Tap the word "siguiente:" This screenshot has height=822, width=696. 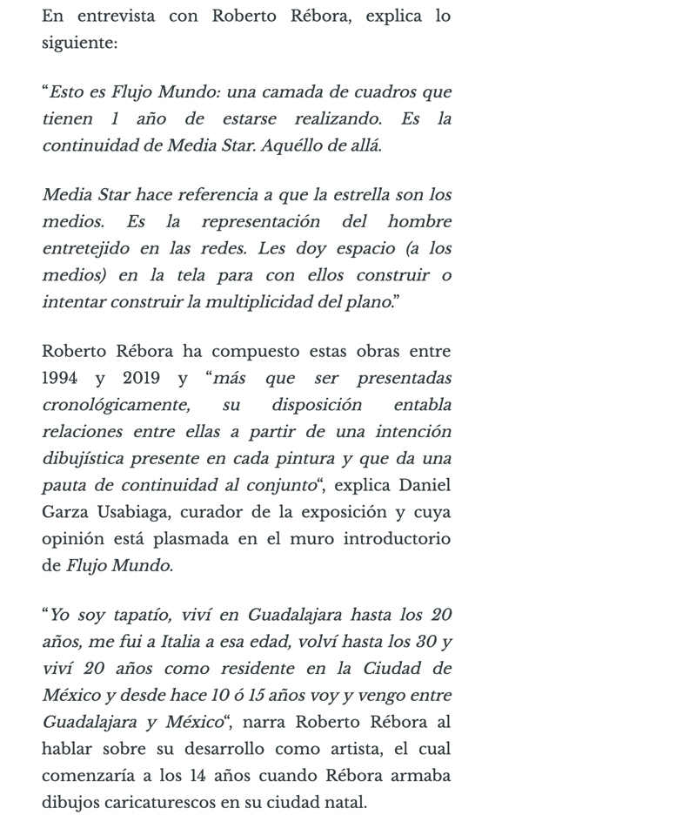tap(79, 42)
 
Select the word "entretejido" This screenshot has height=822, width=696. tap(84, 248)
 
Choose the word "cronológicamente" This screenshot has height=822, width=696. tap(116, 405)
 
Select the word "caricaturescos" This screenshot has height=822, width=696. tap(161, 802)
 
